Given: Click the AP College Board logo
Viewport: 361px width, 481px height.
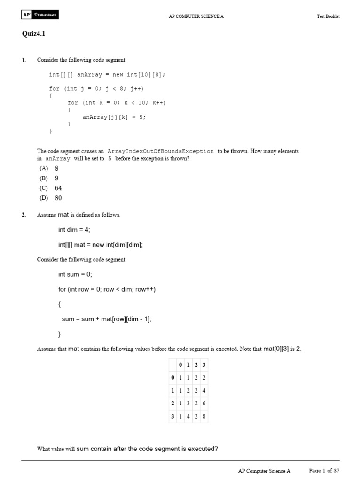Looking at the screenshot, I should tap(40, 15).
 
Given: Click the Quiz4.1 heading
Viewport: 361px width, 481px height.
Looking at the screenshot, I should tap(33, 34).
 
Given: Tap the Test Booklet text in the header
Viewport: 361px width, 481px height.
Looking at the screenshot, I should tap(328, 16).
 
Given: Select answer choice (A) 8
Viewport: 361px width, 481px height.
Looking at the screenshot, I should tap(49, 168).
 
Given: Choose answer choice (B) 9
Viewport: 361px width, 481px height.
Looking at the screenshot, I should tap(49, 178).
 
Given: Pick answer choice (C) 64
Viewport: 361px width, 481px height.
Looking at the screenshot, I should tap(51, 188).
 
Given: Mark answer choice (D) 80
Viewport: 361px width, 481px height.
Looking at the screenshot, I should tap(51, 198).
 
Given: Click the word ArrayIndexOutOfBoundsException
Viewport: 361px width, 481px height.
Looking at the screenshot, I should tap(161, 151).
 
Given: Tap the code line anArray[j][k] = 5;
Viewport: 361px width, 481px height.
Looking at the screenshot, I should tap(114, 117).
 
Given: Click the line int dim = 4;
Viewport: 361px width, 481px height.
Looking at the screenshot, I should tap(74, 229).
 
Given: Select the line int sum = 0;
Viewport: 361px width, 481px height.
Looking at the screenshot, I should tap(75, 274).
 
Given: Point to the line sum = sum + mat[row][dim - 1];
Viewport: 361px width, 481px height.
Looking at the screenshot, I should tap(107, 319).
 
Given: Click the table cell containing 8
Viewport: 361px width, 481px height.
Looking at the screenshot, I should tap(204, 416).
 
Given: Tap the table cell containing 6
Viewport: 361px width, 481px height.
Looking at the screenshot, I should tap(204, 403).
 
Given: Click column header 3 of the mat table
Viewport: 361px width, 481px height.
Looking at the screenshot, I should tap(204, 365).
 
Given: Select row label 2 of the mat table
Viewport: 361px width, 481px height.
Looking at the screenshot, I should tap(173, 403).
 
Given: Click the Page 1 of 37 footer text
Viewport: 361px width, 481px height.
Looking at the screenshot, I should tap(324, 470).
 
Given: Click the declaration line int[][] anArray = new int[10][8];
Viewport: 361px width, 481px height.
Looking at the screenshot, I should tap(107, 75).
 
